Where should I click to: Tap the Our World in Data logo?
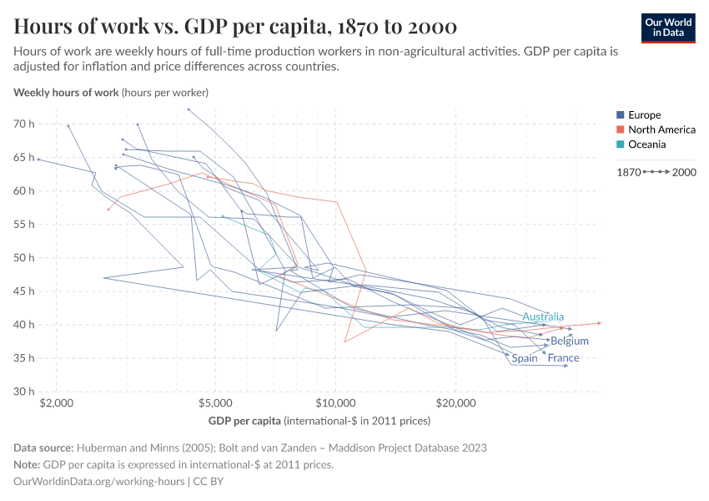pos(667,28)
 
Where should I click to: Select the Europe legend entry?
pos(645,114)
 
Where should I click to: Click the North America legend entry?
pos(661,129)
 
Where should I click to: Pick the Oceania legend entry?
pos(646,144)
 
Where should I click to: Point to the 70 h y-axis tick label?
pos(23,124)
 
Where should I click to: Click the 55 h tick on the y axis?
pos(23,224)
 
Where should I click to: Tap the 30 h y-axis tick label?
pos(23,391)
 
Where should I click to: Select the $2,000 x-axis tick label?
pos(57,402)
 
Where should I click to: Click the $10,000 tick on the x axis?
pos(335,402)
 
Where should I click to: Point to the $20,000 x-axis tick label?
pos(455,402)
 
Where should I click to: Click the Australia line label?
pos(543,316)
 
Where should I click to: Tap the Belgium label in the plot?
pos(570,341)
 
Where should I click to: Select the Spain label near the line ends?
pos(525,358)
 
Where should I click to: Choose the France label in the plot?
pos(563,358)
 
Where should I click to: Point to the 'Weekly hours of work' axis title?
pos(67,92)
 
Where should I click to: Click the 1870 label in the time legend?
pos(628,172)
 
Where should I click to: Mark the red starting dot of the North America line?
pos(108,210)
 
